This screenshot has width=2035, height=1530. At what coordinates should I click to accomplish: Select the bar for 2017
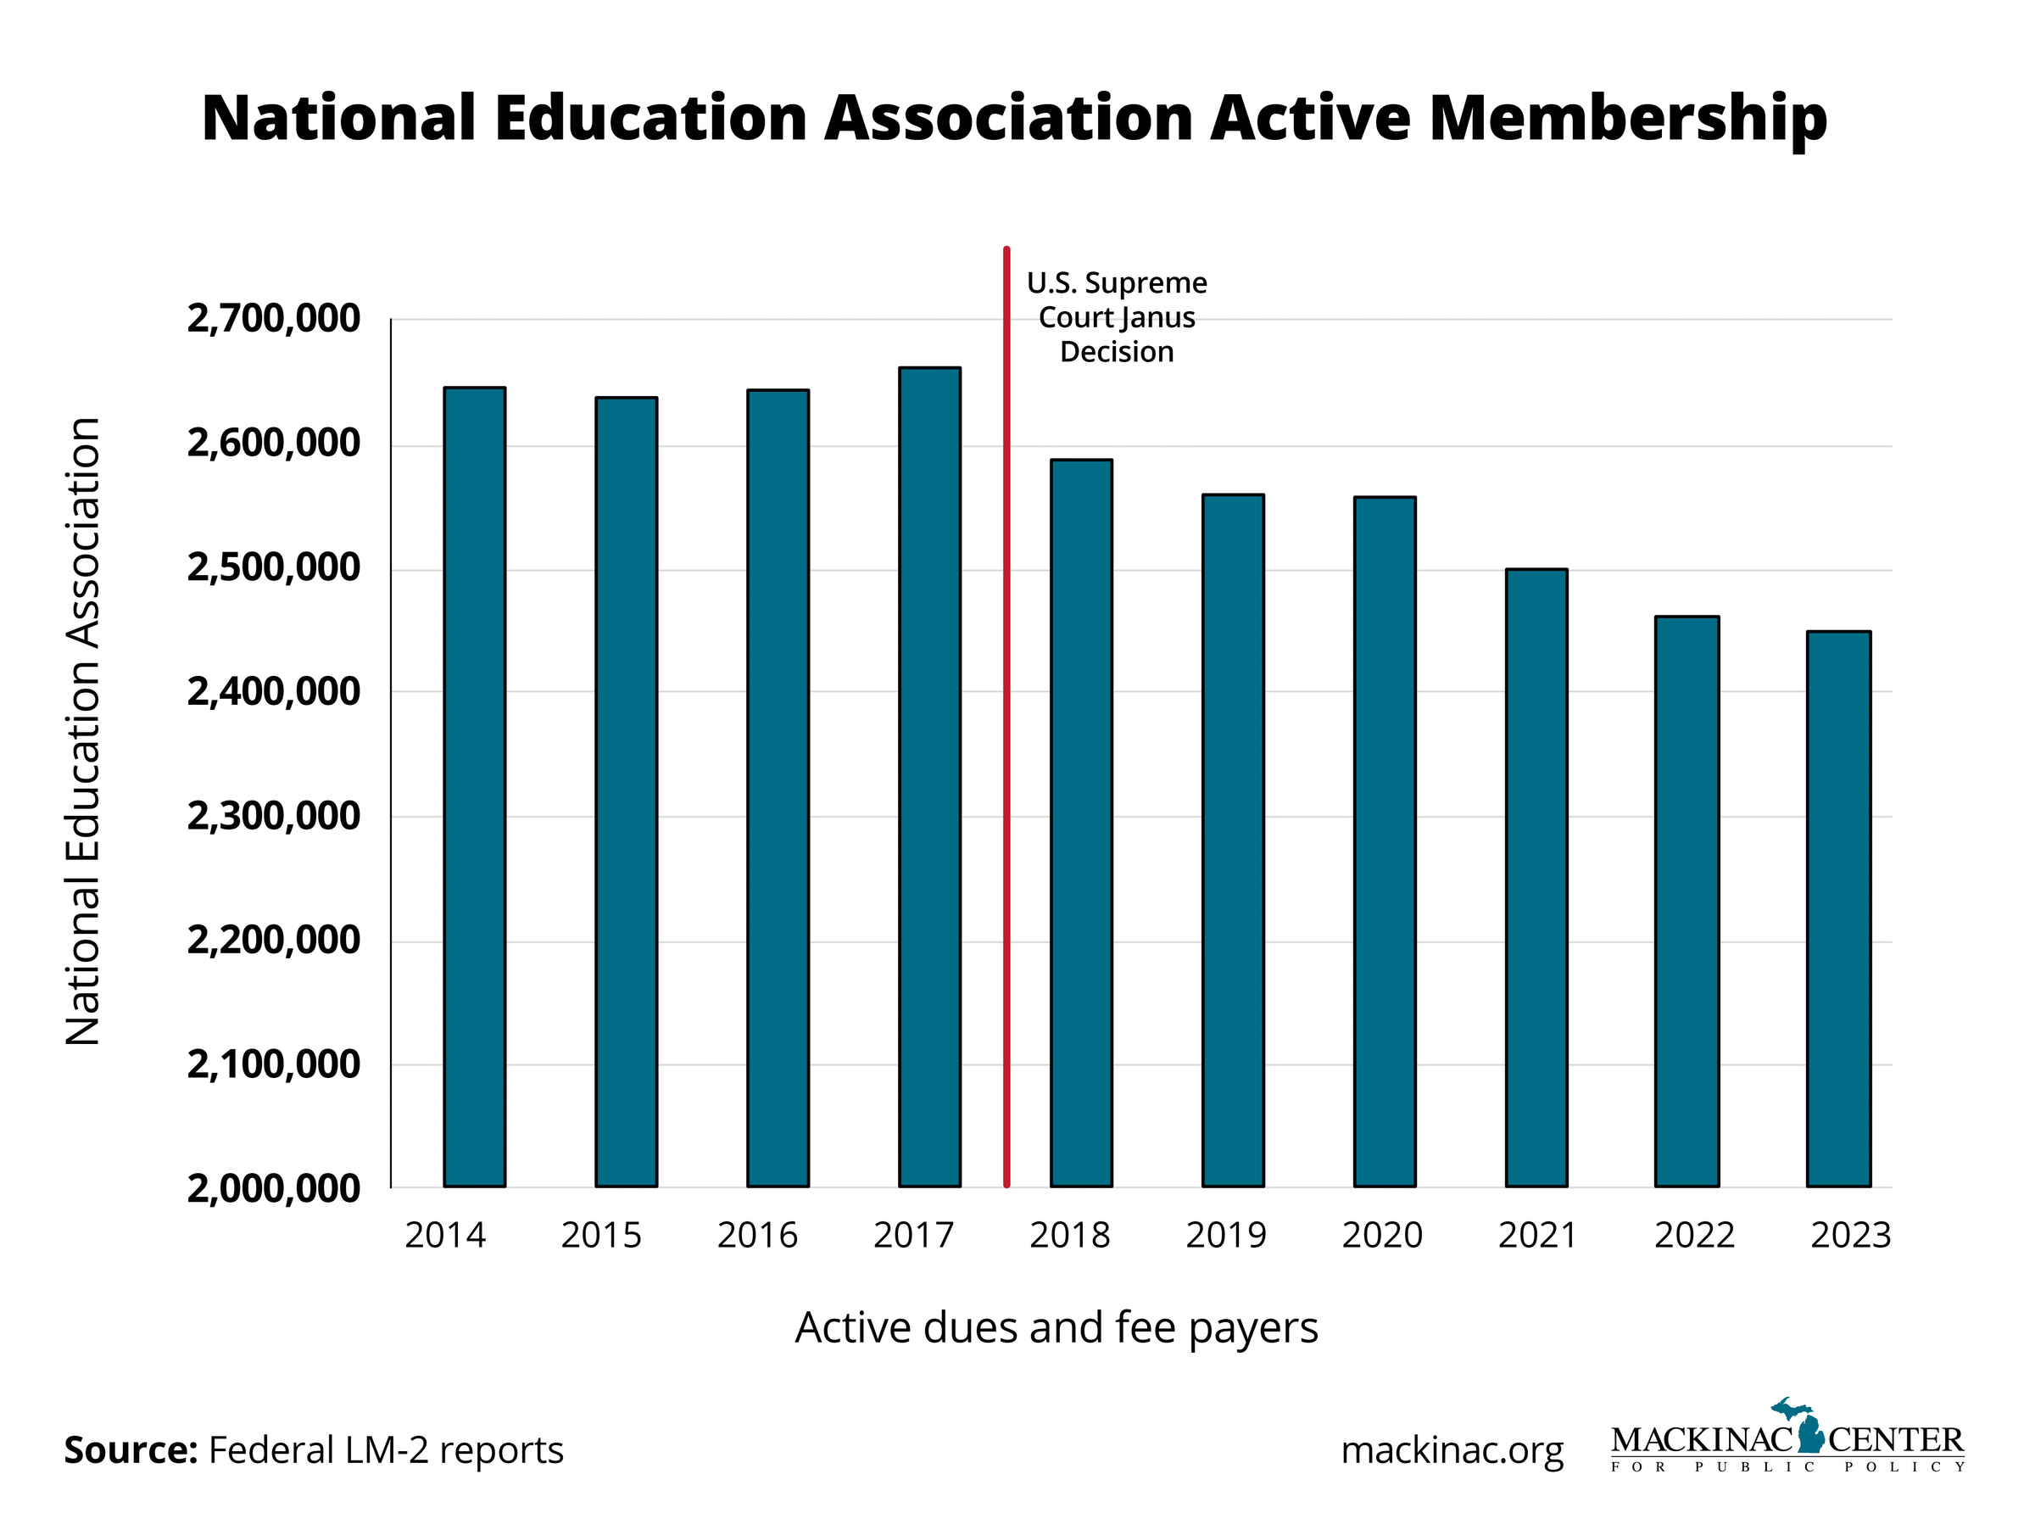pos(929,778)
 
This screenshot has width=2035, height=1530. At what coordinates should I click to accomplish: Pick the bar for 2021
pos(1536,879)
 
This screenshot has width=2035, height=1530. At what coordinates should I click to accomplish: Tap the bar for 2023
pos(1839,909)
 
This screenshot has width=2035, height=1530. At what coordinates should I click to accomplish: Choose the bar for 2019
pos(1233,840)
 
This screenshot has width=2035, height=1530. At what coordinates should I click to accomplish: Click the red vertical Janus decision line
pos(1006,718)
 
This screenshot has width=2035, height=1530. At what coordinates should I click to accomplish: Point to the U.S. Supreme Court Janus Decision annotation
pos(1117,317)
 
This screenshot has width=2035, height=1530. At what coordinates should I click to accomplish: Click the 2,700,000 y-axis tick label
pos(273,319)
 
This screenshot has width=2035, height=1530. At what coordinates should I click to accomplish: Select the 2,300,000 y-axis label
pos(273,816)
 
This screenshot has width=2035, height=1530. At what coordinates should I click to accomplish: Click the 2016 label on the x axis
pos(757,1236)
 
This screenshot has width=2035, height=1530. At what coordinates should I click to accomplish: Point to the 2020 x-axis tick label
pos(1382,1236)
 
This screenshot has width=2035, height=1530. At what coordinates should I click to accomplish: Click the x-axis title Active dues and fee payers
pos(1057,1328)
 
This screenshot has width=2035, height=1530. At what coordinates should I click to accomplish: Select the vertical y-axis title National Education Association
pos(83,731)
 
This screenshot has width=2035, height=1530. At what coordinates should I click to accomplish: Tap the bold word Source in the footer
pos(130,1451)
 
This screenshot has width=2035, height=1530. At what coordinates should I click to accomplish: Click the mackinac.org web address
pos(1452,1451)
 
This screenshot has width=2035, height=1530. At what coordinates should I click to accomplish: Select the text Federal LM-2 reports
pos(386,1451)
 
